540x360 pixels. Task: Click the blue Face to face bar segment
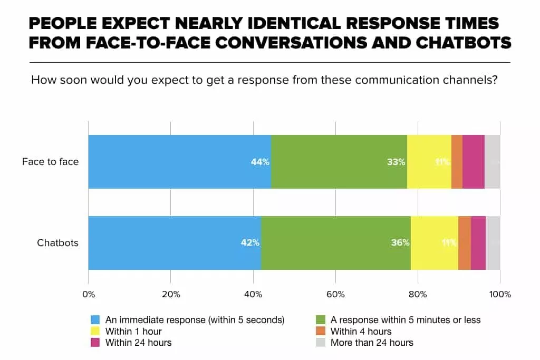click(179, 162)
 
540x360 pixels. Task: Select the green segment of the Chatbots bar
click(335, 243)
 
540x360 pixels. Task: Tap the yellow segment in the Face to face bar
click(429, 162)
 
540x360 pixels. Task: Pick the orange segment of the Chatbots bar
click(464, 243)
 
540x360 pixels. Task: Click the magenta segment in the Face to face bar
click(473, 162)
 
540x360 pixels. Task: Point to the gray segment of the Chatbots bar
click(493, 243)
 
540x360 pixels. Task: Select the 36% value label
click(400, 243)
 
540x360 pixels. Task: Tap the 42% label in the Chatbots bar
click(250, 243)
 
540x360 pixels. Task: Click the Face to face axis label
click(50, 162)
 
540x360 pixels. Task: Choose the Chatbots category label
click(57, 243)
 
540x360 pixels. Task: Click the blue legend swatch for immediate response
click(95, 320)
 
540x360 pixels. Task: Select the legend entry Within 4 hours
click(361, 332)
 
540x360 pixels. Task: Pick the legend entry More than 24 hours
click(371, 343)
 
